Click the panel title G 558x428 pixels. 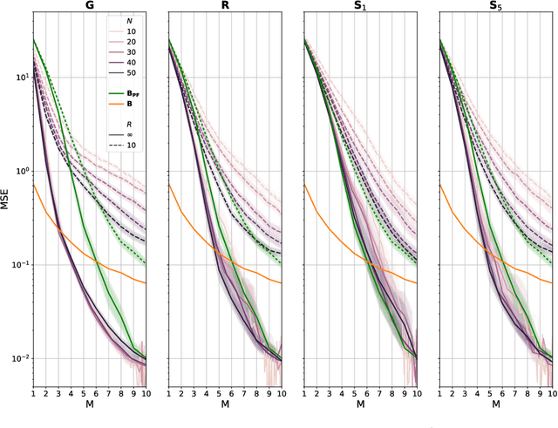[89, 7]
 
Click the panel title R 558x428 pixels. [225, 7]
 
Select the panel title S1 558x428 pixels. [360, 7]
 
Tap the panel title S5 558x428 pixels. [495, 7]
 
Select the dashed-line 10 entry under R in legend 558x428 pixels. [131, 147]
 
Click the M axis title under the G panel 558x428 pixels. [89, 405]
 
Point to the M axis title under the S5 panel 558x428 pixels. [495, 405]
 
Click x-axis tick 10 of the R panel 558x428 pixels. [280, 393]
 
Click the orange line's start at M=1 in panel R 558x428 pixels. [169, 185]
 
